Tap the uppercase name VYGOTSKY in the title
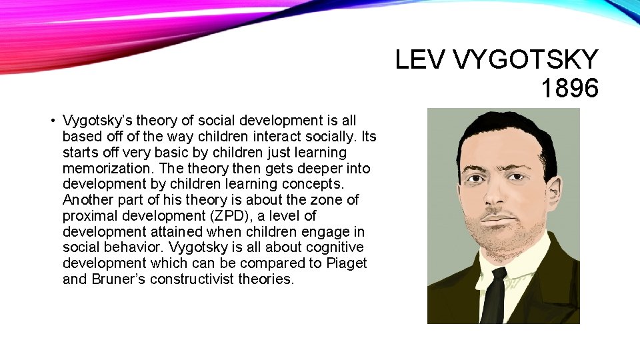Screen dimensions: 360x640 (x=526, y=60)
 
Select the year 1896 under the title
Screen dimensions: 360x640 (x=569, y=88)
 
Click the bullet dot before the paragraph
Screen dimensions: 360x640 (x=51, y=121)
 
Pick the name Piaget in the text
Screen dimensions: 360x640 (x=347, y=263)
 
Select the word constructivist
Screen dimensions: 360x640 (x=187, y=279)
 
